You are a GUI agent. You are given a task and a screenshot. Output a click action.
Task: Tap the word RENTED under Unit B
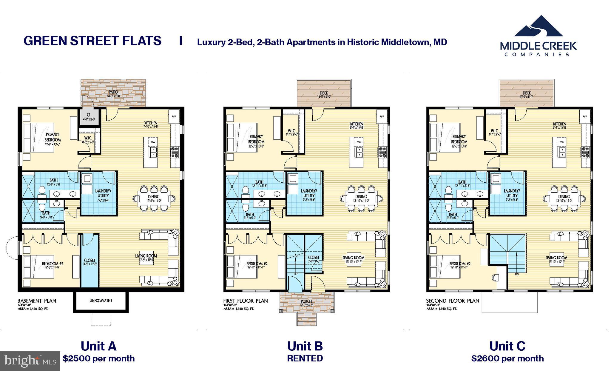click(x=305, y=358)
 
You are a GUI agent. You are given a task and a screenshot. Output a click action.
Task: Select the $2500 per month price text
click(x=98, y=358)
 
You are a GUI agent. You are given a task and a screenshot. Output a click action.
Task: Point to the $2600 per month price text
click(x=507, y=358)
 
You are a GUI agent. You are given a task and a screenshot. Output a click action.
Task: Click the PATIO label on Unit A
click(x=113, y=92)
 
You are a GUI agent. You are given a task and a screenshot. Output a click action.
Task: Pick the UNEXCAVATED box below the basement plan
click(x=101, y=301)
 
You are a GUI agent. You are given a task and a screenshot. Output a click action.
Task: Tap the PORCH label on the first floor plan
click(x=306, y=301)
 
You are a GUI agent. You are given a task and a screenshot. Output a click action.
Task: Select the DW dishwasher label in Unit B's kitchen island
click(x=359, y=142)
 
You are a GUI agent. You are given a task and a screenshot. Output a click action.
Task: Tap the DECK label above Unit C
click(x=527, y=93)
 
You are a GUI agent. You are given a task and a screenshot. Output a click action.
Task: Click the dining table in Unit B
click(x=361, y=198)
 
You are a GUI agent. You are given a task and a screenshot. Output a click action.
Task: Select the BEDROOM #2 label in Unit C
click(x=460, y=264)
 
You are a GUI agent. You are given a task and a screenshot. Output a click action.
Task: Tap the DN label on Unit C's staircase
click(x=517, y=274)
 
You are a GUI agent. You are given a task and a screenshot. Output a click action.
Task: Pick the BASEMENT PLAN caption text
click(x=37, y=301)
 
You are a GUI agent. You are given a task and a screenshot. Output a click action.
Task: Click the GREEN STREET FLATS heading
click(x=92, y=41)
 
